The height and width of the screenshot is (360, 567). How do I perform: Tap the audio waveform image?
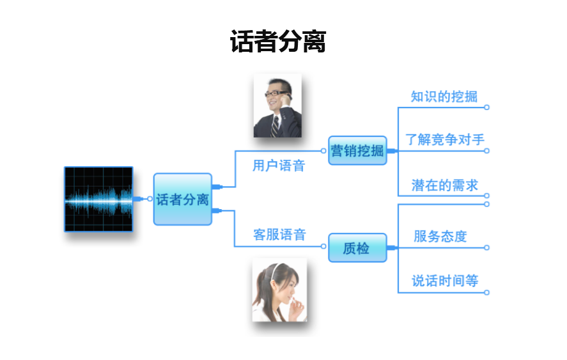pos(98,199)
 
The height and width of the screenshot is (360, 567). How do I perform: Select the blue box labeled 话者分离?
pos(183,199)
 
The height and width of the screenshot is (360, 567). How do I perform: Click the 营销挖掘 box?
pos(357,151)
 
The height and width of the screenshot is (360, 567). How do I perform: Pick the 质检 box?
pos(357,247)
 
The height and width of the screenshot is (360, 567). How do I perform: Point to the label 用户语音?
pos(279,166)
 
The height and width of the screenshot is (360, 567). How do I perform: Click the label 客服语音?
pos(279,235)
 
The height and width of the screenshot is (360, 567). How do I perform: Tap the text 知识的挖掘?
pos(444,97)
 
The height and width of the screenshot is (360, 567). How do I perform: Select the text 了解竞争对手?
pos(445,139)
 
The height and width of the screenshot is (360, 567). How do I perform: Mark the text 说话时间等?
pos(445,281)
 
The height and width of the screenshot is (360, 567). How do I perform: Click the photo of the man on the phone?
pos(277,106)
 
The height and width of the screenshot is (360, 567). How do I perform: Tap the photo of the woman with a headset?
pos(279,290)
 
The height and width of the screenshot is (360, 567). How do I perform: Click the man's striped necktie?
pos(275,126)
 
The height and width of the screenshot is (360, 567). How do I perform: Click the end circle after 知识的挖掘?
pos(486,107)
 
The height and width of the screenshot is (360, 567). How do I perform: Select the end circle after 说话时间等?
pos(486,292)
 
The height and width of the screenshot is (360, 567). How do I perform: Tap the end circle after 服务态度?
pos(486,247)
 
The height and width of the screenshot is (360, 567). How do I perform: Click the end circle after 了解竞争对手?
pos(486,151)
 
